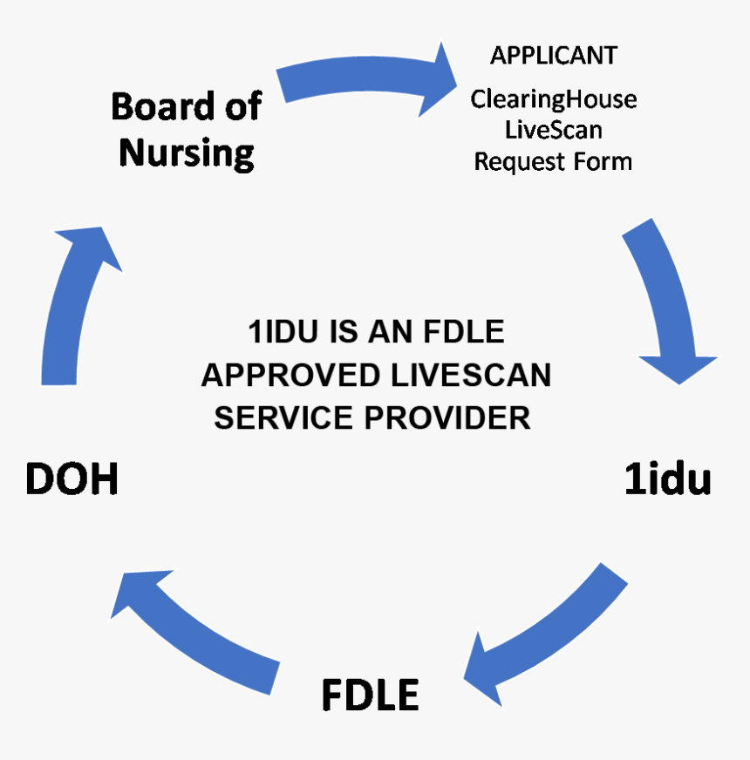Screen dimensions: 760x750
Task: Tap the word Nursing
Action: click(x=187, y=153)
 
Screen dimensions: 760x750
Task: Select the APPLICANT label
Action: click(x=553, y=56)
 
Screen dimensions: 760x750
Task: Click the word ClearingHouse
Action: click(x=554, y=99)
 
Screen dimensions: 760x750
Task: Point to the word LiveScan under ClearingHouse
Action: click(x=554, y=131)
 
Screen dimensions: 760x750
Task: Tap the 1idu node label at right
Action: click(x=668, y=480)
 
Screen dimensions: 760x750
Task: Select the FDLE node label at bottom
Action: click(x=371, y=696)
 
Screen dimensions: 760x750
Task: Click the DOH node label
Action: click(x=72, y=480)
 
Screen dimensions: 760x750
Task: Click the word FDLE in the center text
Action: click(x=463, y=333)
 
